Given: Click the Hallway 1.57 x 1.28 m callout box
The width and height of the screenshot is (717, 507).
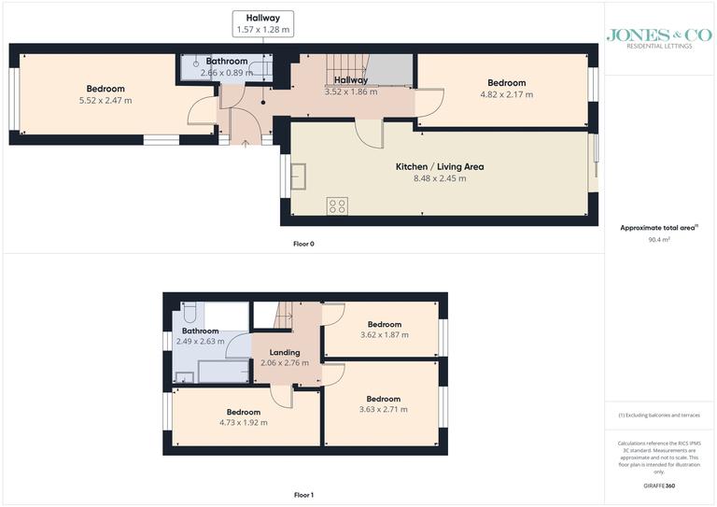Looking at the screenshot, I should click(263, 23).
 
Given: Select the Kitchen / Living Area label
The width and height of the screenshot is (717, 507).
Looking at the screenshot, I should click(439, 166).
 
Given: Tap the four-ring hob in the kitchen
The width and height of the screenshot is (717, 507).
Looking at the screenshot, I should click(337, 205).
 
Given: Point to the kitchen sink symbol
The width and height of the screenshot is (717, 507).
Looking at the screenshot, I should click(301, 176).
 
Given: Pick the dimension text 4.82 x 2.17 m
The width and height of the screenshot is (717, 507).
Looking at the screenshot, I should click(506, 94).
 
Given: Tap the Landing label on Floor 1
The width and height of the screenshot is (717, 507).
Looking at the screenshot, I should click(285, 352).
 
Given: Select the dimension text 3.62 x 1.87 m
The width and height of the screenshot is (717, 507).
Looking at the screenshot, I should click(383, 334).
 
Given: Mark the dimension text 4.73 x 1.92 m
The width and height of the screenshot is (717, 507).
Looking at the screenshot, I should click(243, 423).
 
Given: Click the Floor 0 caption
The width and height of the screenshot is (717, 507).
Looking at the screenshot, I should click(303, 244).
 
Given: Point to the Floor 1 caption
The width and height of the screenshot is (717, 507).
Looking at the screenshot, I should click(303, 494).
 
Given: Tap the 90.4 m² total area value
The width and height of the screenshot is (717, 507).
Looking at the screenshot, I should click(659, 239).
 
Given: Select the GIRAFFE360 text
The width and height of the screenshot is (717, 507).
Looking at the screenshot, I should click(659, 488).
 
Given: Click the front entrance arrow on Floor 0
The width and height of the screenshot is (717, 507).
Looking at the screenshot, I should click(246, 143).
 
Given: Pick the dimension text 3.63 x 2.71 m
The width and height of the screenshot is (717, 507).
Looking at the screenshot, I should click(383, 409).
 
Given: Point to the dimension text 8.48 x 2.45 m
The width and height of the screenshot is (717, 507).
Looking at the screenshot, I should click(439, 178).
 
